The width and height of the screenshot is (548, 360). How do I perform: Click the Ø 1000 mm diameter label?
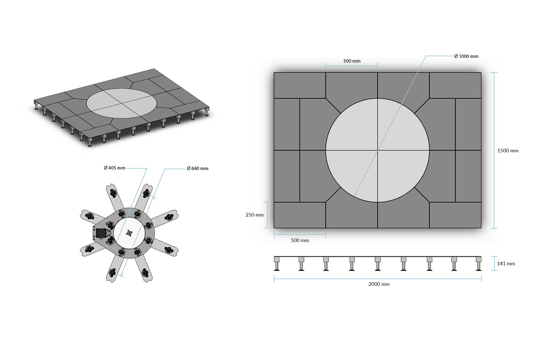point(466,56)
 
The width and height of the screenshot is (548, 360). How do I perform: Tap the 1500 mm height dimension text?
point(508,151)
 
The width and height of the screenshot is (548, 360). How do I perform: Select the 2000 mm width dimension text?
point(379,284)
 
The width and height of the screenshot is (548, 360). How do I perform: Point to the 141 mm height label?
point(506,264)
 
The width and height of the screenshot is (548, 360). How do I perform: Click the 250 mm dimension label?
point(255,215)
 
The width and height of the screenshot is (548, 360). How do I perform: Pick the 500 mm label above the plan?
point(352,61)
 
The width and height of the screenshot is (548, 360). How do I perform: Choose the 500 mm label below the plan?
point(300,240)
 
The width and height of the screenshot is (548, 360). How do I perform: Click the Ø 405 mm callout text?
point(115,168)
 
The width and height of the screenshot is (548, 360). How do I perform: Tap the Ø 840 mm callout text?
point(197,169)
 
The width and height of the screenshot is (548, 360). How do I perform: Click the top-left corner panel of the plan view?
point(300,85)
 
